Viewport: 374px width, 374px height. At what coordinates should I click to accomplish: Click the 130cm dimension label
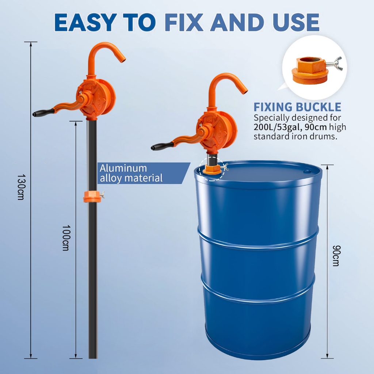point(21,187)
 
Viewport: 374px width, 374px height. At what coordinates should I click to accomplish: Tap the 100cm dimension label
point(66,238)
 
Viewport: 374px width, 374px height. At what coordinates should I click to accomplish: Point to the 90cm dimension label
point(336,255)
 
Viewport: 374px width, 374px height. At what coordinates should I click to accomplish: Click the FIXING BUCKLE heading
point(297,107)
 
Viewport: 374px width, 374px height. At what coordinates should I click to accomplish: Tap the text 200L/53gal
point(276,127)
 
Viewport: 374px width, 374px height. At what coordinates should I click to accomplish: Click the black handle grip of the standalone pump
point(43,112)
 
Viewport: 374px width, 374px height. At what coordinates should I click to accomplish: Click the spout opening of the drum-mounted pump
point(245,90)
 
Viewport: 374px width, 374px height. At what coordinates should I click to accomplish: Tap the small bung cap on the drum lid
point(306,171)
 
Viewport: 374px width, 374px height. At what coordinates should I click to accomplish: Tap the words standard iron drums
point(295,137)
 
